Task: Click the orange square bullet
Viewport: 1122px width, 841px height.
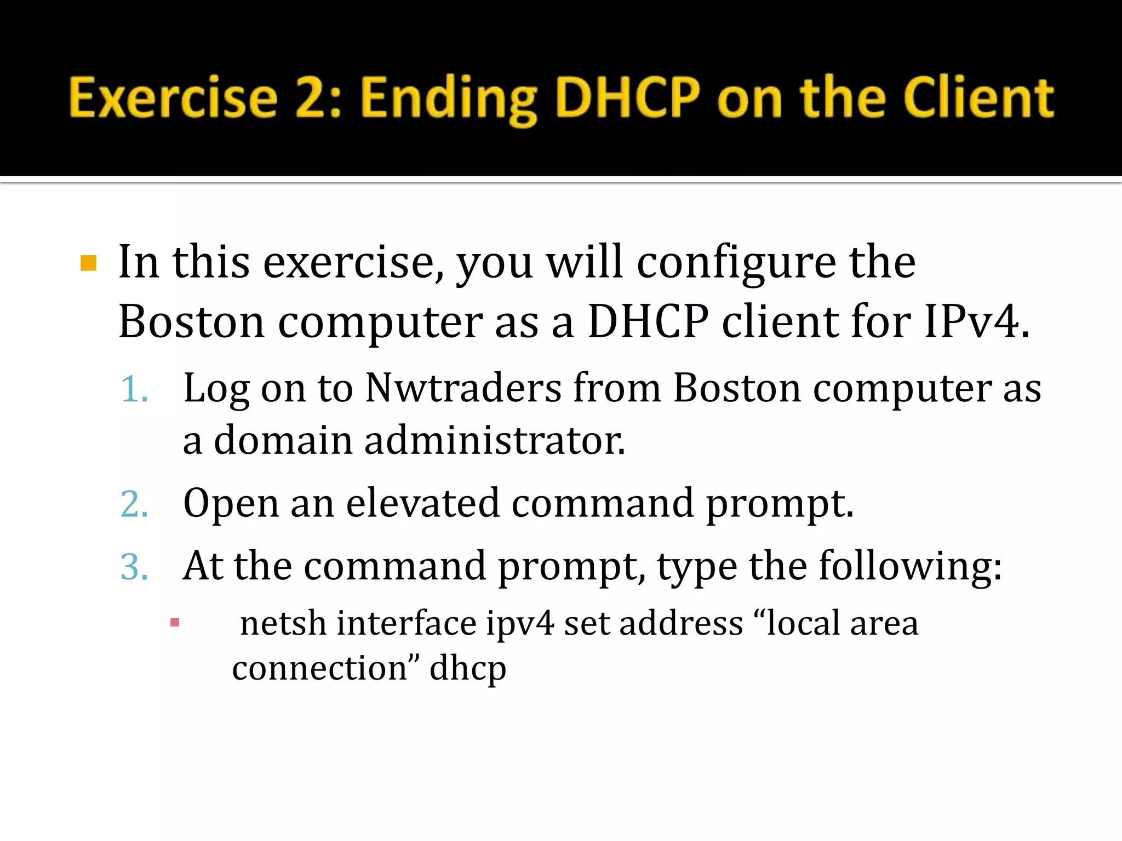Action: (x=88, y=263)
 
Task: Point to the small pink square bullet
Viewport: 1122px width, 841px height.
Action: (x=175, y=623)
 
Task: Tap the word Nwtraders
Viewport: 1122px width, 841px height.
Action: (x=463, y=388)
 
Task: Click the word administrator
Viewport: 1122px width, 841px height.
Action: (x=494, y=440)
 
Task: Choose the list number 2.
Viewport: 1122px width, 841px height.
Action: (x=134, y=504)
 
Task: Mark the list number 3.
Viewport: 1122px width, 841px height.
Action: (x=134, y=567)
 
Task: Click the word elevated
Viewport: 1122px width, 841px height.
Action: (x=422, y=503)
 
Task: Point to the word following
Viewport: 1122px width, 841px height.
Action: (x=909, y=567)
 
